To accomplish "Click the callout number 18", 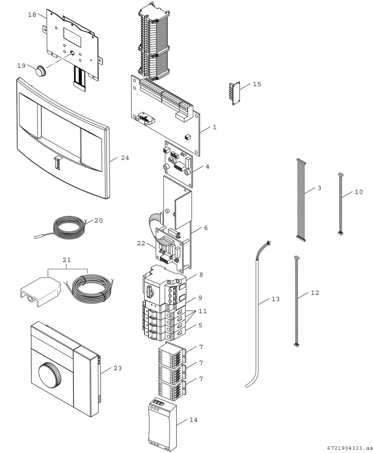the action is click(32, 15).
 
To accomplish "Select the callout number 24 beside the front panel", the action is click(125, 158).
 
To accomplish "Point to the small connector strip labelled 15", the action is click(234, 93).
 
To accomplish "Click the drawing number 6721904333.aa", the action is click(350, 448).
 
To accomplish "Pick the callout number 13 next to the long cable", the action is click(275, 299).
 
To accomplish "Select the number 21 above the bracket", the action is click(67, 260).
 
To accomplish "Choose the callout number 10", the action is click(358, 192).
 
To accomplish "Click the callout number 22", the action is click(141, 243).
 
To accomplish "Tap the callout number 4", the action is click(207, 166).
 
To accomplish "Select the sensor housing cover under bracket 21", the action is click(41, 291).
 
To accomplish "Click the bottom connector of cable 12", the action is click(297, 345).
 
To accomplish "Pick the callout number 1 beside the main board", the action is click(214, 127).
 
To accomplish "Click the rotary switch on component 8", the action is click(150, 291).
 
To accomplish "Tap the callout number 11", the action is click(203, 311).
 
